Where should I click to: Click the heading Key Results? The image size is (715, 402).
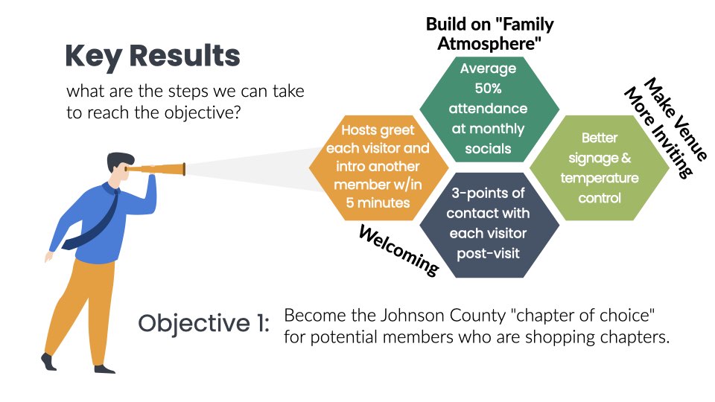(x=152, y=57)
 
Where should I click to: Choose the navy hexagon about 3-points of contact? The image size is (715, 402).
(x=488, y=223)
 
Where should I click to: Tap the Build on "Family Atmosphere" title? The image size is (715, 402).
(x=489, y=34)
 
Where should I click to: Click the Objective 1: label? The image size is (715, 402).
(x=203, y=324)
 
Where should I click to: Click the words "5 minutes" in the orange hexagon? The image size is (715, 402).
(x=378, y=202)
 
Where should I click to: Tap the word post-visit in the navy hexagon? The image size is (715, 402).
(x=488, y=253)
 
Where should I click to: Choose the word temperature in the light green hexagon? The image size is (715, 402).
(x=599, y=179)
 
